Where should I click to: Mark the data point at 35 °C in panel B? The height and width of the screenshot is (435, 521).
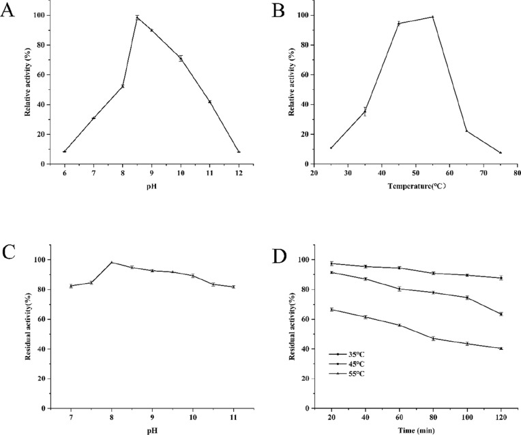(x=365, y=112)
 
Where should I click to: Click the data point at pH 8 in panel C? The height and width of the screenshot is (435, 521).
(x=111, y=262)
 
